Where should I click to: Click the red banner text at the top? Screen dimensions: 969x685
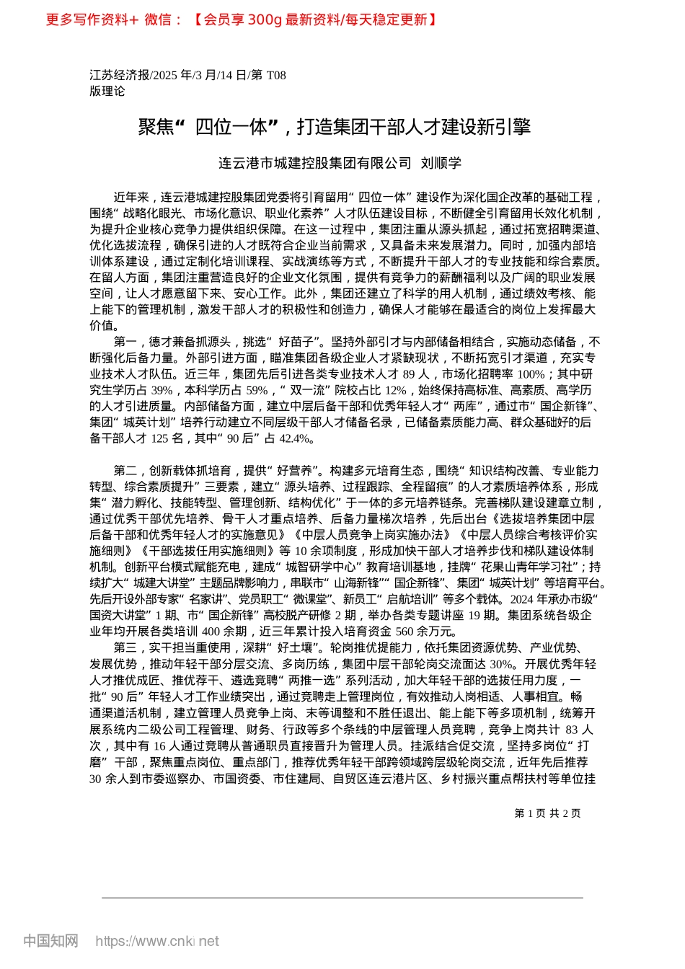coord(241,19)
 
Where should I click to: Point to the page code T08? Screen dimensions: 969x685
coord(276,75)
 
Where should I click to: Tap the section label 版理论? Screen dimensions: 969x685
coord(107,91)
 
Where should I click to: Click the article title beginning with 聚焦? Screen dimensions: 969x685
coord(334,127)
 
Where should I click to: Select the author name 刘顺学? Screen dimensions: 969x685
coord(441,163)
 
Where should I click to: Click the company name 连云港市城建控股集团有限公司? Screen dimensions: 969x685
coord(314,163)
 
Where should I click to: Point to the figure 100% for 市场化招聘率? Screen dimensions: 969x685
coord(531,374)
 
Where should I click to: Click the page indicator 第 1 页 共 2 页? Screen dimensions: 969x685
coord(547,813)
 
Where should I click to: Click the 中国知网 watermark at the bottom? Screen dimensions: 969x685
coord(50,941)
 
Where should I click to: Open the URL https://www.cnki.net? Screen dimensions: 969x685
coord(157,941)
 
